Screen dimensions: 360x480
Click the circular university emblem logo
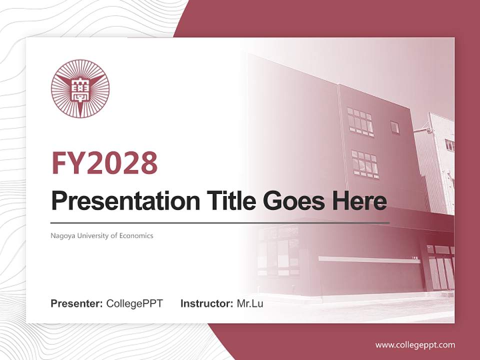tap(80, 89)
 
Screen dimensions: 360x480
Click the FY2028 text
tap(104, 163)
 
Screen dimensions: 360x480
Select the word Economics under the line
tap(136, 235)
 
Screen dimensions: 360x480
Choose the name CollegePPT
tap(134, 303)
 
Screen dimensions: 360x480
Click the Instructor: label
tap(206, 303)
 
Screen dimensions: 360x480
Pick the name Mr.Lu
tap(250, 303)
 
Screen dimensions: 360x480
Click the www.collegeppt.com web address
tap(415, 345)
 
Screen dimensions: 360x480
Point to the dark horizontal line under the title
tap(220, 222)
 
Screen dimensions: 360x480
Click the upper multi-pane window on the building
tap(360, 122)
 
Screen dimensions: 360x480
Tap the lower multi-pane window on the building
tap(365, 164)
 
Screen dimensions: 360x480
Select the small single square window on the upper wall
tap(395, 127)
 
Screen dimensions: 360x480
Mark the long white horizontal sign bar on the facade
tap(369, 260)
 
